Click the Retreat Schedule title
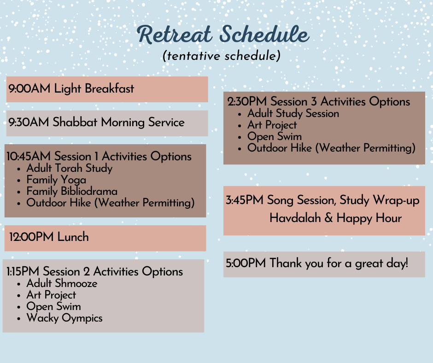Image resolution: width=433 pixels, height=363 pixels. tap(223, 35)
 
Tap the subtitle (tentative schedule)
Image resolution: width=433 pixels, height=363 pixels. tap(222, 56)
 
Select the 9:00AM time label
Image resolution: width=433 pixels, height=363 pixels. tap(29, 89)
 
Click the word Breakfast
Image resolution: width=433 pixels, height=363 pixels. tap(109, 89)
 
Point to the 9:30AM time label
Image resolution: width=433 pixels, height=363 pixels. tap(29, 123)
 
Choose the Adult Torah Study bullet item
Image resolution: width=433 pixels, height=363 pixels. tap(69, 168)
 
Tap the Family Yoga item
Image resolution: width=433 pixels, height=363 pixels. tap(56, 180)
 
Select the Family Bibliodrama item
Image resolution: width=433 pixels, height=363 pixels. tap(72, 191)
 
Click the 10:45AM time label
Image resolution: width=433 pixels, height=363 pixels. tap(29, 157)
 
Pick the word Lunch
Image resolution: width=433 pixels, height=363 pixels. tap(73, 237)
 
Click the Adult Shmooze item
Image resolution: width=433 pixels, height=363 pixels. tap(62, 283)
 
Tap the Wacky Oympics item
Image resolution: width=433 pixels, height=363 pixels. tap(64, 318)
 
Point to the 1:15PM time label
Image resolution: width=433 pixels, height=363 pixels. tap(23, 272)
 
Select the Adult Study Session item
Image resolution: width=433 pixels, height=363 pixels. tap(293, 113)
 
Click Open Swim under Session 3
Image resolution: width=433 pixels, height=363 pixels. tap(275, 136)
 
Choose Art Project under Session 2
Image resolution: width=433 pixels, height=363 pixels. tap(51, 295)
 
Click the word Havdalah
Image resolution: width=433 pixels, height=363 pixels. tap(295, 218)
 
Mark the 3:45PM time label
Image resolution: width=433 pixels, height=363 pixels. tap(245, 200)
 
